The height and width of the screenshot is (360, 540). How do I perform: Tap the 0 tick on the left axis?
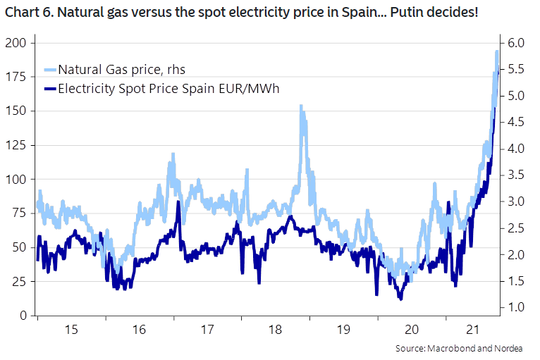coord(23,316)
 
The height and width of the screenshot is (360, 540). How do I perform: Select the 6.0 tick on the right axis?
coord(514,43)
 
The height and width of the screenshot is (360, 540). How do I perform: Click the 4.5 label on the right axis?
coord(514,123)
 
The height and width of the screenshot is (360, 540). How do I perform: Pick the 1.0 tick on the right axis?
coord(514,308)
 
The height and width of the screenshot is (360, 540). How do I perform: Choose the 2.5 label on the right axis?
coord(514,228)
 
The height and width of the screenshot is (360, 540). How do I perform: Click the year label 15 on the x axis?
coord(70,330)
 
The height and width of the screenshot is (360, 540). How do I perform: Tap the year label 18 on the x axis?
coord(274,330)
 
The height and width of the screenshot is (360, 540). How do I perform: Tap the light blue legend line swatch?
coord(49,69)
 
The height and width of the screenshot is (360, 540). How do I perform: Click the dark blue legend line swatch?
coord(49,89)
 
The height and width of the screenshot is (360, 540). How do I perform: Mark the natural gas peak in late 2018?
coord(302,106)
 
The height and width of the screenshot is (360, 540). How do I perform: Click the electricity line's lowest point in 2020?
coord(400,299)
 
